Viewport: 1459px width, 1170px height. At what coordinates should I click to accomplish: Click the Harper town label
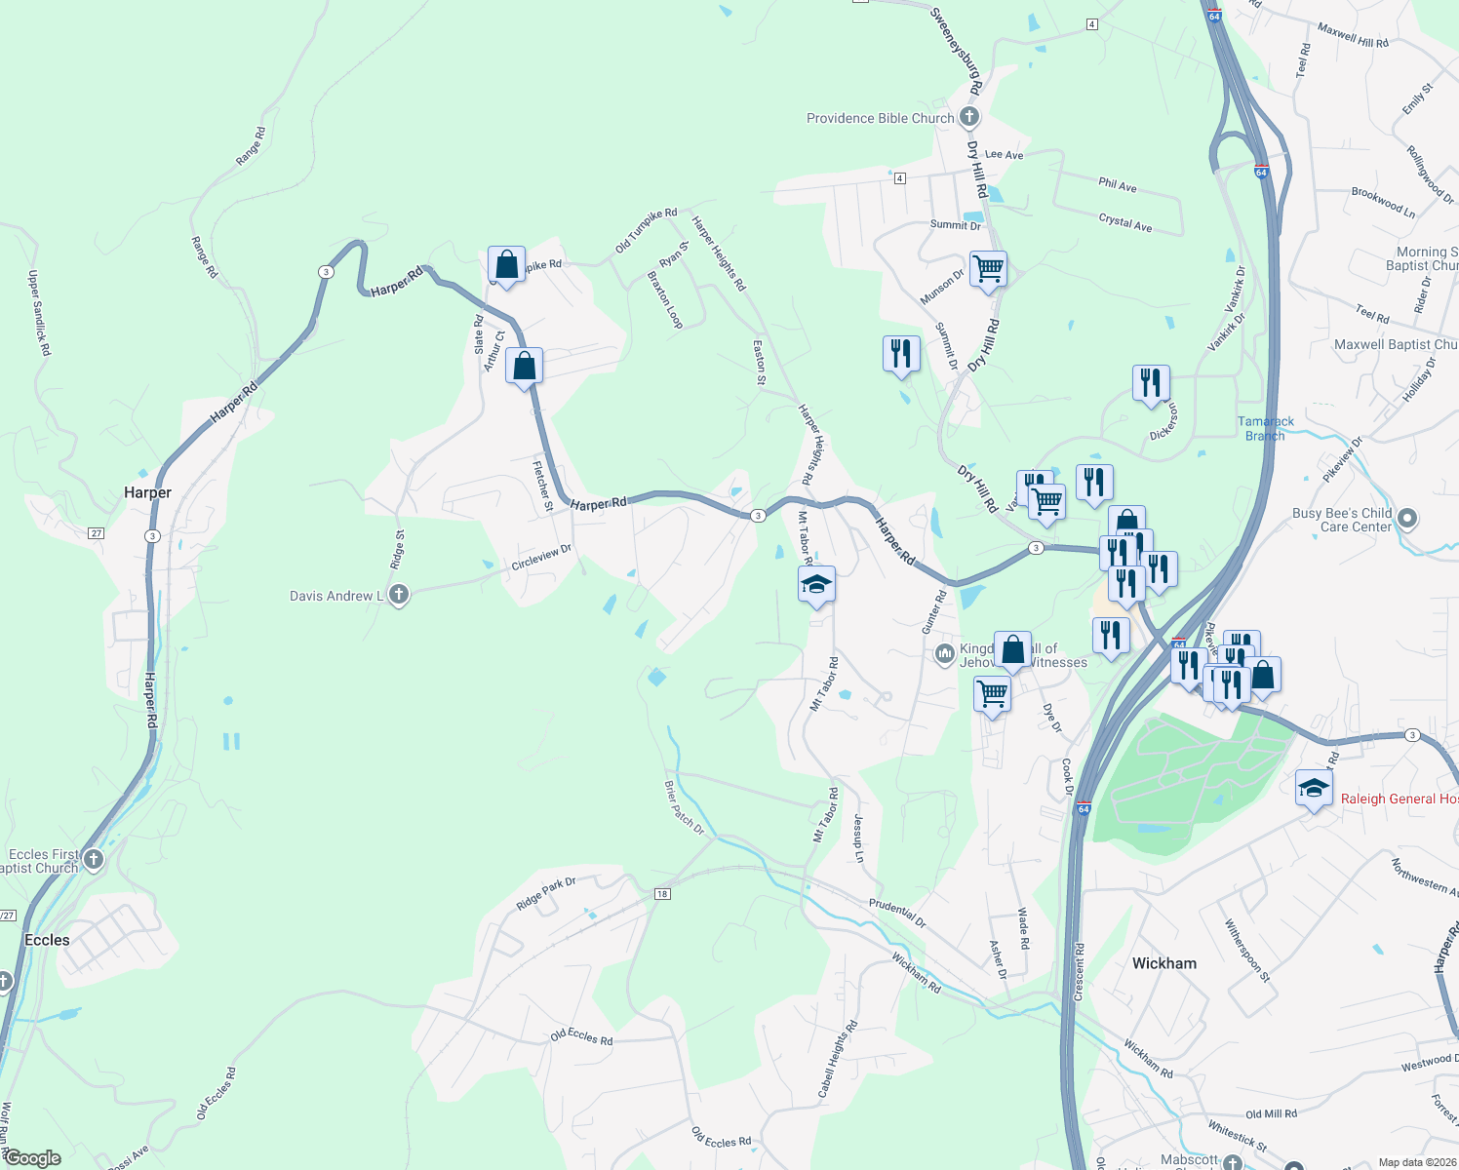(x=147, y=492)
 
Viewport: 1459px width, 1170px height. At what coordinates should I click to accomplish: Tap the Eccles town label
(x=47, y=940)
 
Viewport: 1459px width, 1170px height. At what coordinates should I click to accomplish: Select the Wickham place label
(x=1163, y=963)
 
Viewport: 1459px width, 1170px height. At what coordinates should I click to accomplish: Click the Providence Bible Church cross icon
(x=968, y=118)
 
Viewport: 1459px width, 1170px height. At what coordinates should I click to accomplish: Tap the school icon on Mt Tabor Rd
(x=816, y=585)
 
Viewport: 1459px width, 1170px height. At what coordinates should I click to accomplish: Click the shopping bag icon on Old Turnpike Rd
(x=506, y=264)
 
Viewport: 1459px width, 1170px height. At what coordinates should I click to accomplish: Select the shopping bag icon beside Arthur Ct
(x=525, y=367)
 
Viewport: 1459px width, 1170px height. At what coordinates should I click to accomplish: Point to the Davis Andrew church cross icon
(x=398, y=595)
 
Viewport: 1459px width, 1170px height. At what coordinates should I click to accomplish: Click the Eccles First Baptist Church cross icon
(x=94, y=859)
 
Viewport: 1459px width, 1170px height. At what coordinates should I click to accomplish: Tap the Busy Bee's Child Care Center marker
(x=1406, y=519)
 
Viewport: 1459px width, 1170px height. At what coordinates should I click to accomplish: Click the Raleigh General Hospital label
(x=1399, y=799)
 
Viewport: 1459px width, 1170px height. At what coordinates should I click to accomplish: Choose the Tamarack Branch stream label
(x=1266, y=429)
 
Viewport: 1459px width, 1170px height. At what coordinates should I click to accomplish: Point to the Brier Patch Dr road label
(x=685, y=808)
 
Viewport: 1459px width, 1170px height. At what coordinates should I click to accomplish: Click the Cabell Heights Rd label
(x=838, y=1060)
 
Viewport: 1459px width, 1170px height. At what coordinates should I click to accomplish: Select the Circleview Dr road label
(x=541, y=558)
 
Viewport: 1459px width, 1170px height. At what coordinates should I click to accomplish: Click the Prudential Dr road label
(x=897, y=914)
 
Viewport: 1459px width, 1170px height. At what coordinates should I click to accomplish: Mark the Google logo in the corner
(x=32, y=1158)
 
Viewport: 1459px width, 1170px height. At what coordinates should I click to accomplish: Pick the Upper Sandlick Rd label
(x=39, y=313)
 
